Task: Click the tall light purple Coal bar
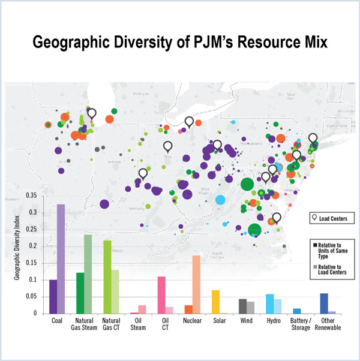tap(61, 258)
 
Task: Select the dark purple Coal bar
tap(53, 296)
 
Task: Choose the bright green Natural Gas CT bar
tap(107, 276)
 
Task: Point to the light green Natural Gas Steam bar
tap(88, 273)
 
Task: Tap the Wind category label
tap(247, 321)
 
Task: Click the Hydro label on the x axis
tap(274, 321)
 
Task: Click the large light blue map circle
tap(220, 200)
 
